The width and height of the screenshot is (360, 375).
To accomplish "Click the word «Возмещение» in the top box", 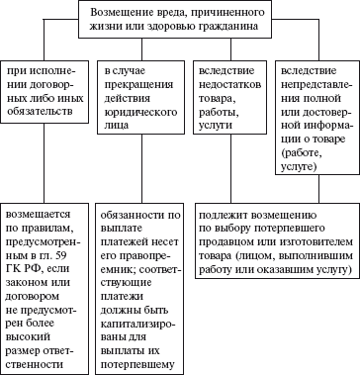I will pos(123,9).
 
